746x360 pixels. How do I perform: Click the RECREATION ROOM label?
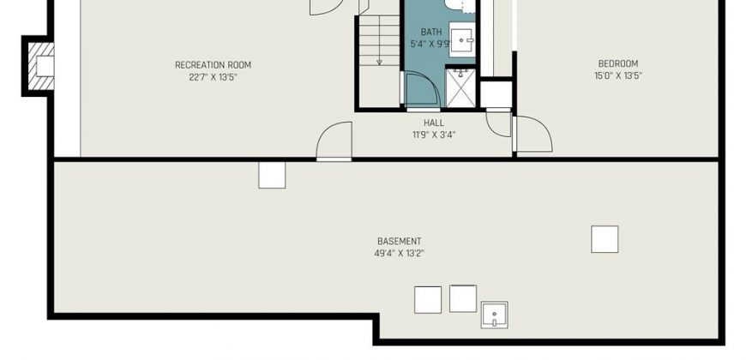click(213, 65)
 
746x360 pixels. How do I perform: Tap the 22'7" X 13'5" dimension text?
click(213, 77)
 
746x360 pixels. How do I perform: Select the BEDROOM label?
click(618, 63)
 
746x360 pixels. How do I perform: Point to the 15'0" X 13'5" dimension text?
click(618, 75)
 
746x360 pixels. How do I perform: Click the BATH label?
click(431, 32)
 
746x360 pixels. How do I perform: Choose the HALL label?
click(433, 123)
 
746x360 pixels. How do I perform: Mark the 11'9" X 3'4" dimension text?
click(433, 135)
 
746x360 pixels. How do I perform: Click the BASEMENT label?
click(399, 242)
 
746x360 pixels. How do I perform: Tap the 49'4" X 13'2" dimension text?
click(399, 254)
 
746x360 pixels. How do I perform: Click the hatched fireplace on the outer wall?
click(40, 66)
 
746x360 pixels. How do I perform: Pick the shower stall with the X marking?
click(460, 88)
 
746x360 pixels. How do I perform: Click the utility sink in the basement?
click(494, 315)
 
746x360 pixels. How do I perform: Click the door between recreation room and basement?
click(334, 141)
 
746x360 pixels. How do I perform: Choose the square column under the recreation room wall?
click(272, 175)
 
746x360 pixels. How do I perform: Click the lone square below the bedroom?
click(605, 239)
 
